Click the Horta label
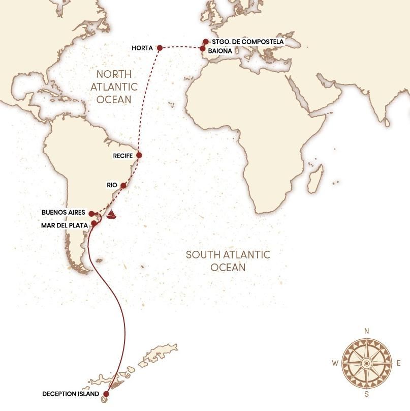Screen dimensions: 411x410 (142, 48)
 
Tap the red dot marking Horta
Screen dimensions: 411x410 (160, 48)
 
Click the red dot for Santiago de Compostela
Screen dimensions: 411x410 (205, 42)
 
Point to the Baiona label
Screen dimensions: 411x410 (220, 51)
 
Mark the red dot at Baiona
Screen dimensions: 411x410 (203, 49)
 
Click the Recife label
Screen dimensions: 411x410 (124, 155)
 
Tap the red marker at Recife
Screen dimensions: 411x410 (139, 155)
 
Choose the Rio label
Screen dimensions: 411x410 (113, 186)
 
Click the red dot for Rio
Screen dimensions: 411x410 (123, 186)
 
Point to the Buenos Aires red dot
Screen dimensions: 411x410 (91, 214)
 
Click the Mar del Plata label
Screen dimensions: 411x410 (65, 224)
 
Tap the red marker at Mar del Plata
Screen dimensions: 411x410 (94, 223)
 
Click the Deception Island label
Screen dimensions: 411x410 (72, 394)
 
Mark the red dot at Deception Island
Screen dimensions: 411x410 (106, 394)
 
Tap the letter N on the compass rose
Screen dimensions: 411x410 (367, 331)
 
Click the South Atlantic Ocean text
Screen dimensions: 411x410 (228, 260)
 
